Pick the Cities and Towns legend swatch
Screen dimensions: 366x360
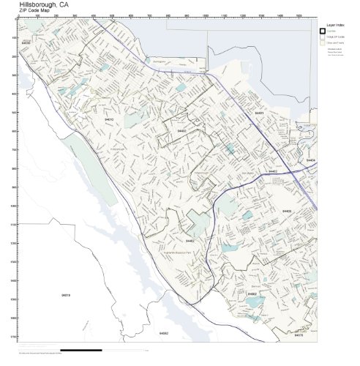(322, 42)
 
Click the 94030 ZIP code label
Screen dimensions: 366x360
(26, 43)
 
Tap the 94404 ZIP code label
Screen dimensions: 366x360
(311, 160)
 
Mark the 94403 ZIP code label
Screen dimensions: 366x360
(287, 211)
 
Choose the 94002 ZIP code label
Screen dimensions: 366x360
(252, 294)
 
